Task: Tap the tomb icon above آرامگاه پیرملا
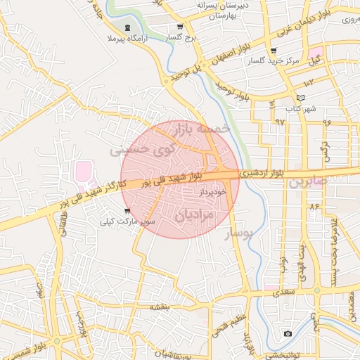coord(126,28)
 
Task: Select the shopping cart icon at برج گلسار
coord(179,27)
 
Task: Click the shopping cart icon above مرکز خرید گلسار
coord(273,51)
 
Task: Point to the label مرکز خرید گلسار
coord(273,61)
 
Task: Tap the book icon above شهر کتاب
coord(302,98)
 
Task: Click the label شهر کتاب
coord(302,108)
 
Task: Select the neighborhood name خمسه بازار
coord(203,129)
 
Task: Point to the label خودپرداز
coord(210,191)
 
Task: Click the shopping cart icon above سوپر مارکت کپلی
coord(127,211)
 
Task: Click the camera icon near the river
coord(288,333)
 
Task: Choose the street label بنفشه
coord(160,308)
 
